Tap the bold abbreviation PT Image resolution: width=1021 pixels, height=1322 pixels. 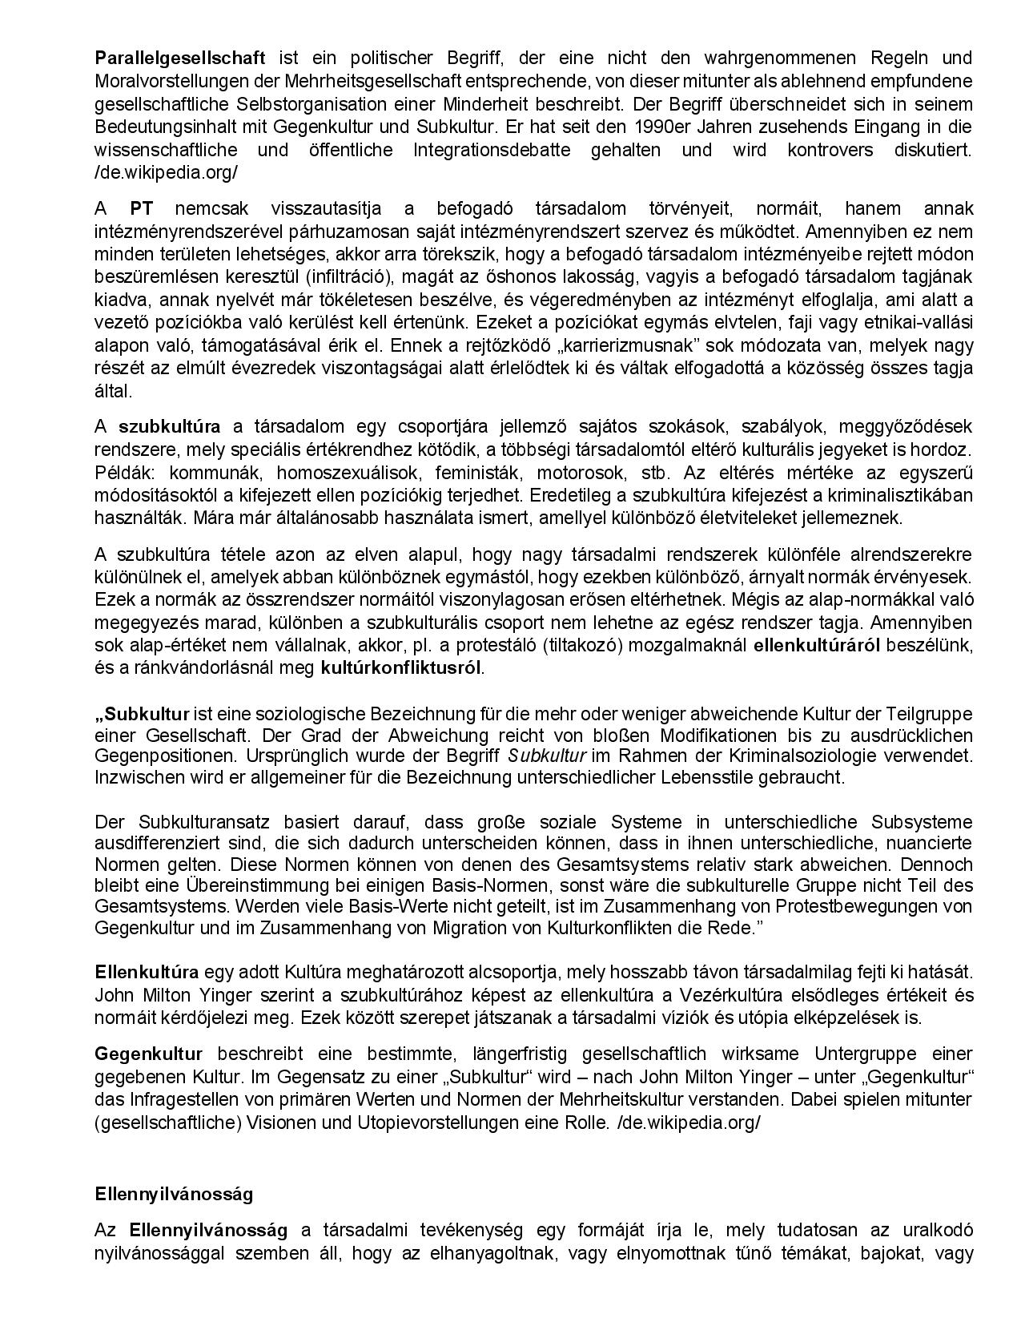tap(142, 209)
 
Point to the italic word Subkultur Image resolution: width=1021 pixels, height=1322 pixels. tap(547, 756)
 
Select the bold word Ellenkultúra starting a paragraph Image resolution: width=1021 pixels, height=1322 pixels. tap(147, 973)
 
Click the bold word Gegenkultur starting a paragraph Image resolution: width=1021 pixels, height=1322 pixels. tap(148, 1054)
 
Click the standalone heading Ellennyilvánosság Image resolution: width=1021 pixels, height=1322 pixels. tap(174, 1194)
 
